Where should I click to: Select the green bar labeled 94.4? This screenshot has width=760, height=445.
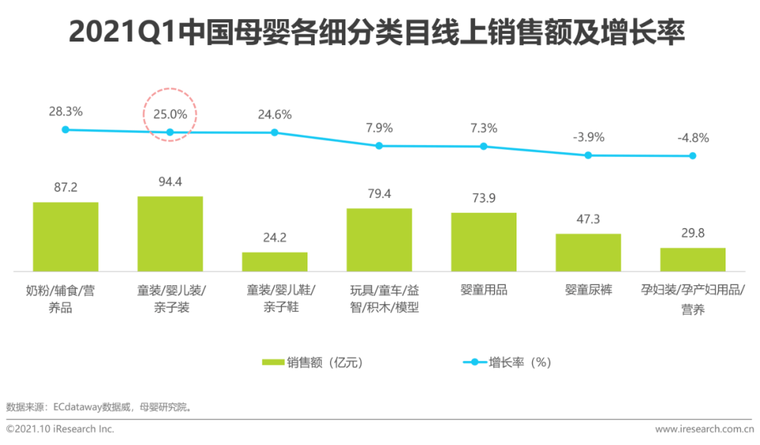[x=170, y=233]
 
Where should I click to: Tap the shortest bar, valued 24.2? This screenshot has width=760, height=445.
[x=274, y=261]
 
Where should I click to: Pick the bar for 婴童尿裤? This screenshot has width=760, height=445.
[x=588, y=252]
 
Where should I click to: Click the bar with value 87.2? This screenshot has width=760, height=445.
[x=65, y=236]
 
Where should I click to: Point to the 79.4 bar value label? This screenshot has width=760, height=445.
[x=379, y=194]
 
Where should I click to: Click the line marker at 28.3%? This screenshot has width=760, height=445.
[x=65, y=130]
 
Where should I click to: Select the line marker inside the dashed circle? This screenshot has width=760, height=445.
[x=170, y=132]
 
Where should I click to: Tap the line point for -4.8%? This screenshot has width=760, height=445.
[x=692, y=156]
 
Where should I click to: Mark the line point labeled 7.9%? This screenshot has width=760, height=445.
[x=379, y=146]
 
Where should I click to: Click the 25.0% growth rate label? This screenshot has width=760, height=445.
[x=170, y=113]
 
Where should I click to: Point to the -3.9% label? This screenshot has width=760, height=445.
[x=588, y=137]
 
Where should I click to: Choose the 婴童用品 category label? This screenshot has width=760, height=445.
[x=483, y=289]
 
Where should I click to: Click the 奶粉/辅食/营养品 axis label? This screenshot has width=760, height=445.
[x=65, y=299]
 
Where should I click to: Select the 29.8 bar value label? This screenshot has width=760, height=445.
[x=692, y=233]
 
